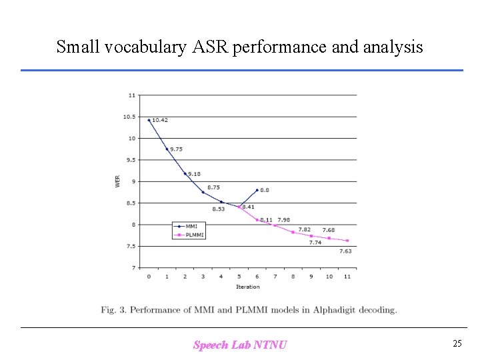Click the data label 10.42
pos(160,121)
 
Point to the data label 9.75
pos(177,149)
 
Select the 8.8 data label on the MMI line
pos(265,190)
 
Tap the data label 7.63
pos(345,251)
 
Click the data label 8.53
pos(219,209)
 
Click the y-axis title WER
pos(118,181)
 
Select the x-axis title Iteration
pos(247,287)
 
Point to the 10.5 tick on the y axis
pos(129,117)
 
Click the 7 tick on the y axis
pos(133,268)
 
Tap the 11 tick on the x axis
pos(347,276)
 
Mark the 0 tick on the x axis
pos(149,276)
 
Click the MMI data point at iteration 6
pos(257,190)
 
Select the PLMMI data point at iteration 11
pos(347,241)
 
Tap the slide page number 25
pos(457,344)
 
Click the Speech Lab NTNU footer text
pos(240,345)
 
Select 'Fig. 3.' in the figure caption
pos(113,309)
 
